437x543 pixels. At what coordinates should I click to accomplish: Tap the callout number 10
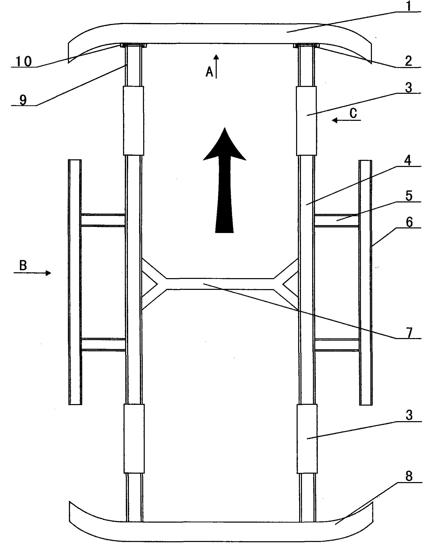(x=24, y=61)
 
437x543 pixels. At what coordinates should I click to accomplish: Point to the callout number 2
(x=408, y=61)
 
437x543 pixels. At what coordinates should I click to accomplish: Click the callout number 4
(x=409, y=161)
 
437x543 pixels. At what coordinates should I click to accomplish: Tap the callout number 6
(x=409, y=222)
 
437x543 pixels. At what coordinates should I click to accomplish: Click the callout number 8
(x=409, y=476)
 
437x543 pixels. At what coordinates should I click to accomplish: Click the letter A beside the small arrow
(x=210, y=72)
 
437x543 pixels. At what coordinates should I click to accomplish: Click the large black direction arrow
(x=225, y=180)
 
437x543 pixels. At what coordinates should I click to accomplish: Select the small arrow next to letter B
(x=32, y=273)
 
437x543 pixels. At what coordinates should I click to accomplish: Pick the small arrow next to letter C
(x=346, y=120)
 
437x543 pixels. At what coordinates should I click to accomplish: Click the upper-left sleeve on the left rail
(x=133, y=121)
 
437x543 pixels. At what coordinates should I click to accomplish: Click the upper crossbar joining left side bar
(x=103, y=220)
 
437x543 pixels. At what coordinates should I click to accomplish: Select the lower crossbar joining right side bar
(x=337, y=345)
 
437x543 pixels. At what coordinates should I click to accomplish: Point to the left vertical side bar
(x=75, y=282)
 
